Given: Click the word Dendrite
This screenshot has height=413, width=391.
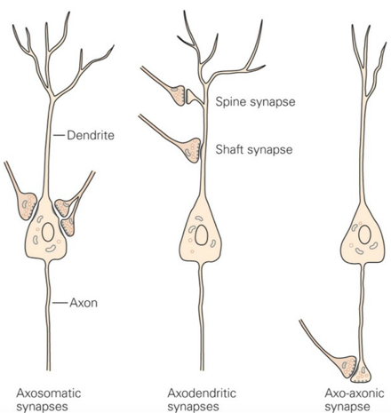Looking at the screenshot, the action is pos(91,135).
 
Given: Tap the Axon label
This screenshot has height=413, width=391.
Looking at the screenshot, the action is pos(84,303).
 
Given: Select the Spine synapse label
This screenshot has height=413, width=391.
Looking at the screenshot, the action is pos(255,102).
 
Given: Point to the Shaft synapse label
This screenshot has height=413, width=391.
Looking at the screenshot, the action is pos(254,149).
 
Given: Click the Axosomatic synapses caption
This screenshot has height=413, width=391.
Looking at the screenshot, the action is pos(49,400).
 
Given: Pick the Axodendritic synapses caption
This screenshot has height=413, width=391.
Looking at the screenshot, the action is pos(202,400).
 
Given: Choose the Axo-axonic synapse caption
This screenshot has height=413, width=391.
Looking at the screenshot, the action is pos(355,400).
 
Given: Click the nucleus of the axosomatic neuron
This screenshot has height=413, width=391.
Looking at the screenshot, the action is pos(48,232).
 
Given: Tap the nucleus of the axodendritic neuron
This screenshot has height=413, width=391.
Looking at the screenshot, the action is pos(202,234).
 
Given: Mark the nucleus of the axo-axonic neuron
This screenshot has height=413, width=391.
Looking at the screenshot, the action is pos(364,234).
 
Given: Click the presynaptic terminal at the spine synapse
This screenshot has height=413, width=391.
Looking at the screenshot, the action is pos(178,95).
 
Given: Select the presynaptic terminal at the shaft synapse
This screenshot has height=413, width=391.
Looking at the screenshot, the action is pos(192,150).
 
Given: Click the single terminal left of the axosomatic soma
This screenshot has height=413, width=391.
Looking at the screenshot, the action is pos(28,206).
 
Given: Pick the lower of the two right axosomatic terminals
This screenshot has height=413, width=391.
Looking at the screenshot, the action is pos(68,226).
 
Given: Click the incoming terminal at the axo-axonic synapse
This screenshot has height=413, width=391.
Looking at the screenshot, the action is pos(347,367).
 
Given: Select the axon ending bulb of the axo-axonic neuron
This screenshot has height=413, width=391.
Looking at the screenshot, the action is pos(361,373).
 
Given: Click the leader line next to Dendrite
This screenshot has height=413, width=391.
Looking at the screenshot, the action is pos(59,135).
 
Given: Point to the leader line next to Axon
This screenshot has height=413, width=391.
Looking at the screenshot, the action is pos(60,303).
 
